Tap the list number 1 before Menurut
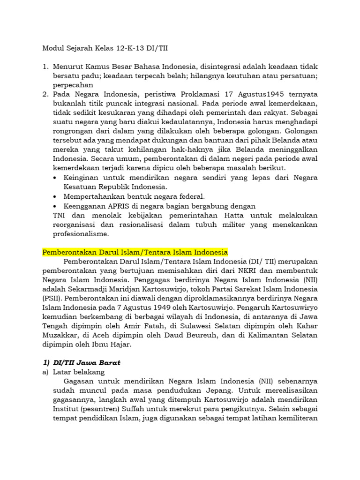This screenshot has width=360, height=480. (x=45, y=67)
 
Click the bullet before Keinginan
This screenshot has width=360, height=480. (x=56, y=178)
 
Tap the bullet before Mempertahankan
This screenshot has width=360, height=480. (x=56, y=196)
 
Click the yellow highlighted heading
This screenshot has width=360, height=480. (x=135, y=252)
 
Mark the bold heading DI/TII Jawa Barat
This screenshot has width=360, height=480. (x=86, y=362)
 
